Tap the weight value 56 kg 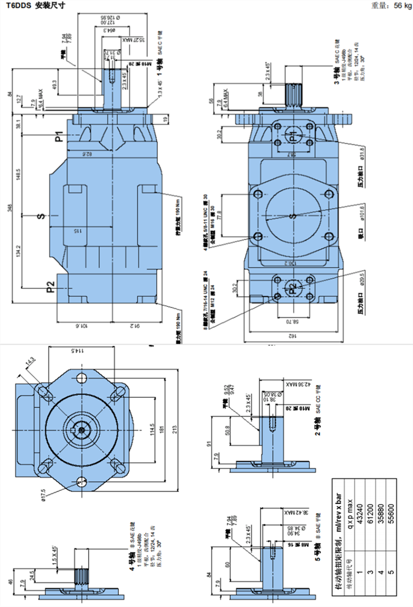(402, 6)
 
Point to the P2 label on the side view (50, 287)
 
